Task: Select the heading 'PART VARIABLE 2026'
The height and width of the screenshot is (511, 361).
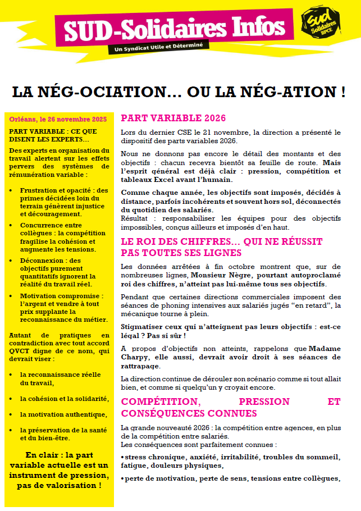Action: pyautogui.click(x=173, y=118)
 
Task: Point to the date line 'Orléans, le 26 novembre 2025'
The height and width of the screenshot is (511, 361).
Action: pyautogui.click(x=58, y=119)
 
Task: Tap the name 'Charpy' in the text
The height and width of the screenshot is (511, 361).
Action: pyautogui.click(x=135, y=357)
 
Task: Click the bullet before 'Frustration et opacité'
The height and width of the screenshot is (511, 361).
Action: pyautogui.click(x=13, y=191)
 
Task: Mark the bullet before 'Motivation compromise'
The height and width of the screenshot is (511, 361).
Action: pyautogui.click(x=13, y=296)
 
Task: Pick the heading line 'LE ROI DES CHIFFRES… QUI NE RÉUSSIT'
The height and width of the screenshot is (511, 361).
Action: pyautogui.click(x=222, y=242)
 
